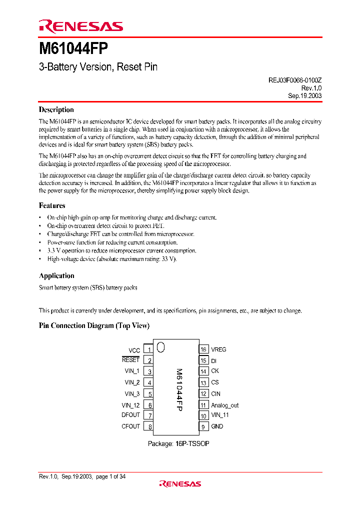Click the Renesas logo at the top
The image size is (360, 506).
[x=80, y=26]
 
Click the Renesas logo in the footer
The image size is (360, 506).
[x=180, y=483]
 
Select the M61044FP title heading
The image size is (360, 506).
[x=72, y=49]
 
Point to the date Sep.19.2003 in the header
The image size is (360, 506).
[x=304, y=95]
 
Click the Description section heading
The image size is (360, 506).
[x=56, y=110]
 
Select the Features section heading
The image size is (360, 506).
[x=52, y=205]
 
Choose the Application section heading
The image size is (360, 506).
[x=56, y=276]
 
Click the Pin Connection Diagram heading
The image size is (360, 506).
[x=94, y=326]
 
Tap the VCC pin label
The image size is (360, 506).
[x=134, y=350]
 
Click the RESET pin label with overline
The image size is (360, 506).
[x=131, y=360]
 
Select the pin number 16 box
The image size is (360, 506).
[x=203, y=349]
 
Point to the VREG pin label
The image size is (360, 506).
[x=218, y=349]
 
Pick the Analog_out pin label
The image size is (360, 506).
[x=224, y=405]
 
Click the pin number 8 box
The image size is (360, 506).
[x=148, y=427]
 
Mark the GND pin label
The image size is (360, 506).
[x=217, y=426]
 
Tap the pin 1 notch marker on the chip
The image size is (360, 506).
[x=160, y=346]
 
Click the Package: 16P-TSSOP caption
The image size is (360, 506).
[x=178, y=443]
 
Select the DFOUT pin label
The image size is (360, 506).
[x=131, y=415]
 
